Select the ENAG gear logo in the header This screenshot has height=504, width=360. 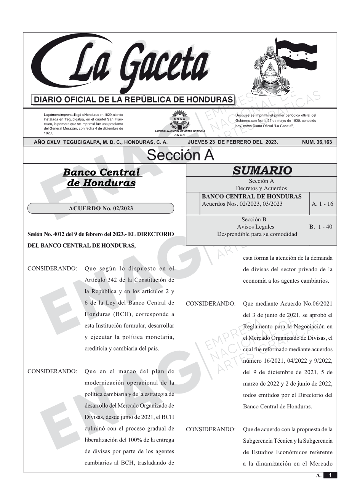pyautogui.click(x=179, y=118)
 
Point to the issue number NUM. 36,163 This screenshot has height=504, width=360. pyautogui.click(x=317, y=142)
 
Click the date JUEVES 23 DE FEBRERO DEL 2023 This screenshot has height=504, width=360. pyautogui.click(x=233, y=142)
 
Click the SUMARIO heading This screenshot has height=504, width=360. pyautogui.click(x=262, y=171)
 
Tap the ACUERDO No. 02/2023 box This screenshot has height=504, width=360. pyautogui.click(x=101, y=208)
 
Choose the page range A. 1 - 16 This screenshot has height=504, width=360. pyautogui.click(x=322, y=204)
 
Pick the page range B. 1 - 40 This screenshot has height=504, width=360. pyautogui.click(x=321, y=227)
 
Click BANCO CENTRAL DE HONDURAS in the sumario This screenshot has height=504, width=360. pyautogui.click(x=251, y=197)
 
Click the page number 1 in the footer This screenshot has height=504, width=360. pyautogui.click(x=330, y=475)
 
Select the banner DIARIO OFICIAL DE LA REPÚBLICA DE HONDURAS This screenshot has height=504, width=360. pyautogui.click(x=133, y=100)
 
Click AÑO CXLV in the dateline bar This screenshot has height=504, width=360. pyautogui.click(x=47, y=142)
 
